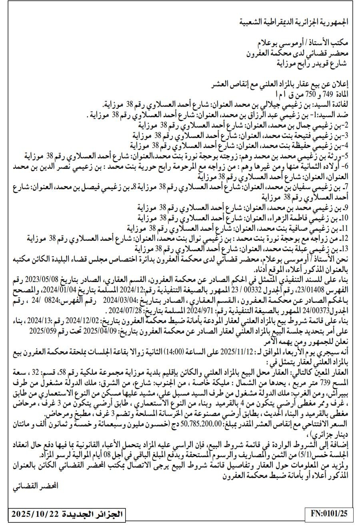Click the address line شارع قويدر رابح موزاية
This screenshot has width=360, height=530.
pos(312,62)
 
